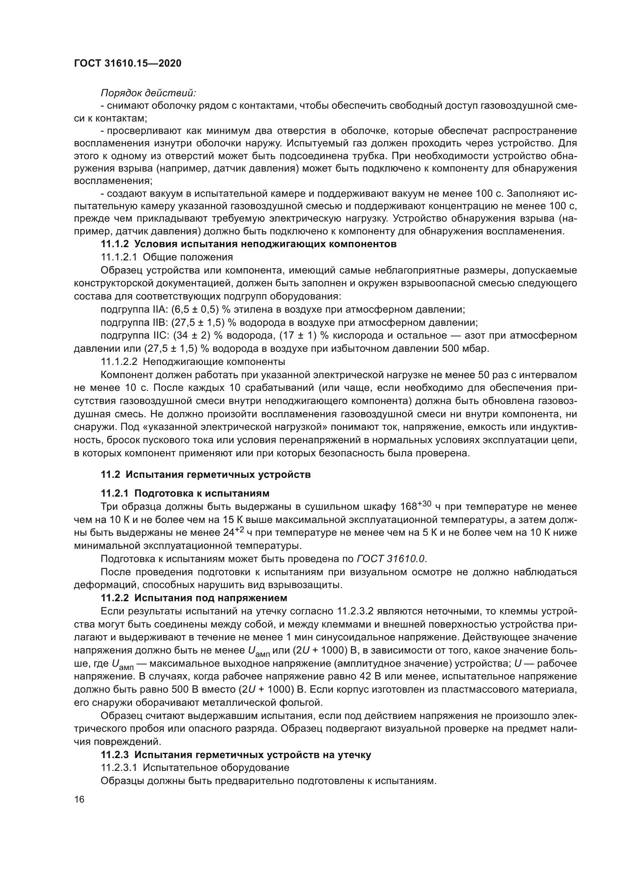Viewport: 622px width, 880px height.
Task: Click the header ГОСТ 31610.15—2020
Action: [x=127, y=63]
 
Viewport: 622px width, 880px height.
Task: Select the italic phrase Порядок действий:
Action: [x=148, y=93]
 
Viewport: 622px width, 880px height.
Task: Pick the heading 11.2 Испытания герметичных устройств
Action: [x=206, y=474]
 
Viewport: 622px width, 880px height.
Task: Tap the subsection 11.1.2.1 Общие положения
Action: [x=167, y=257]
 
